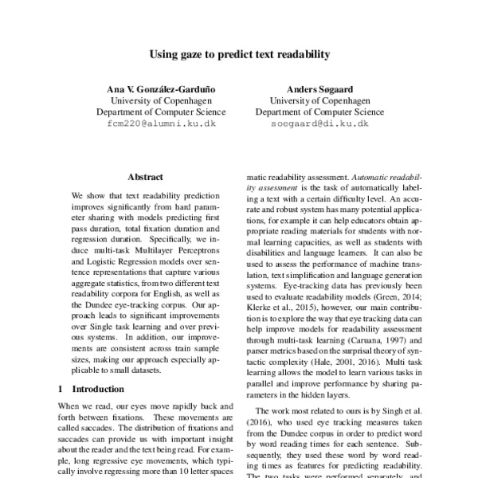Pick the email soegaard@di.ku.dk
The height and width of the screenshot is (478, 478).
point(319,124)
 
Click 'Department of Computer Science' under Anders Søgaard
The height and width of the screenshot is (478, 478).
point(319,112)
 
